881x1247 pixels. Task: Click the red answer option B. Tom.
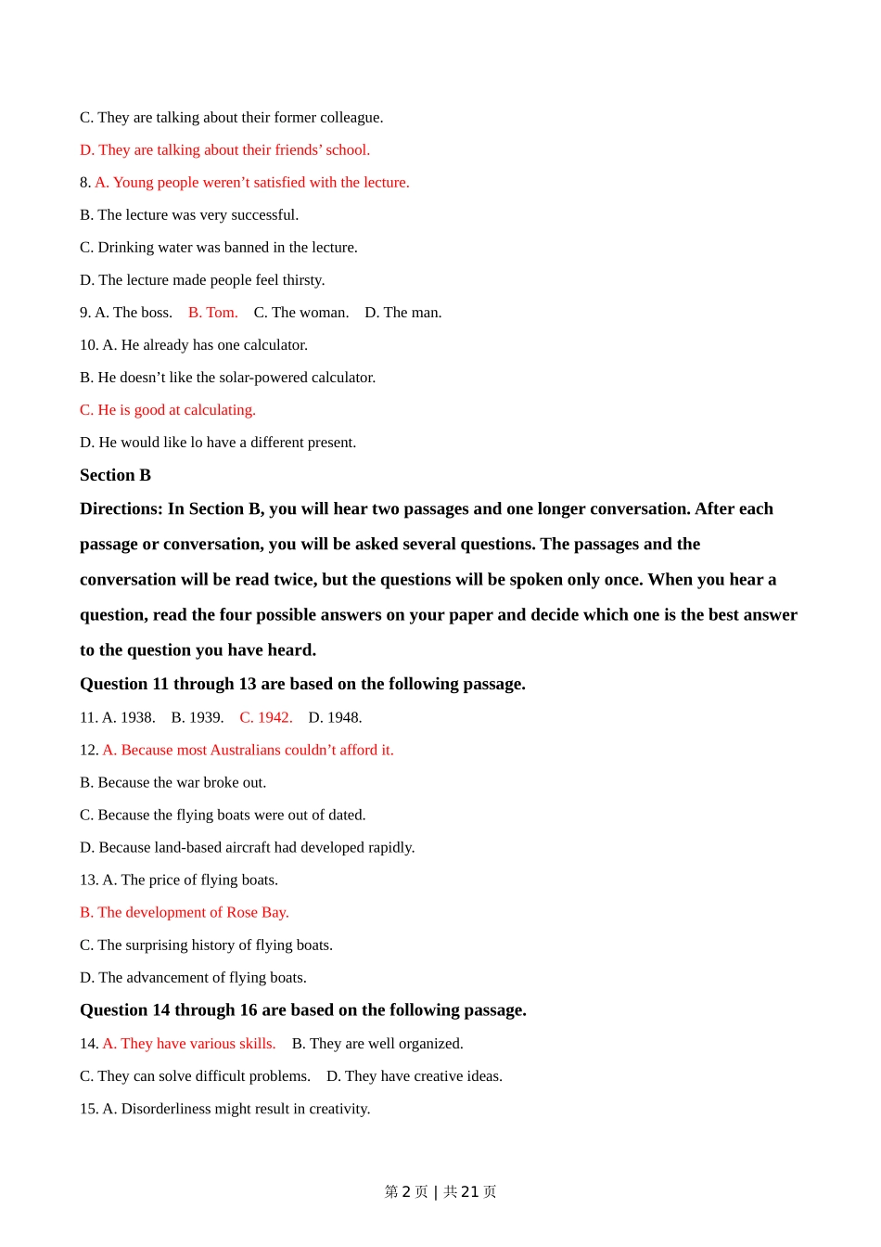coord(212,313)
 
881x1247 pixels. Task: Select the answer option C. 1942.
coord(266,717)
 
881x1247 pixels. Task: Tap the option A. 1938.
coord(128,717)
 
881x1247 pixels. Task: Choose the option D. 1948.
coord(335,717)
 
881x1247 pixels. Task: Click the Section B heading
coord(115,475)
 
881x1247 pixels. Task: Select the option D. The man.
coord(403,313)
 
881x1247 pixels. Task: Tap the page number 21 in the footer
coord(470,1191)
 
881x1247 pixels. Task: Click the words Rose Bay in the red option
coord(257,912)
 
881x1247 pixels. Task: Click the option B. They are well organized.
coord(377,1044)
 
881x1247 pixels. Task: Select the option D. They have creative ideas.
coord(415,1076)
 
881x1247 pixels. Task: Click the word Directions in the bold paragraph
coord(121,508)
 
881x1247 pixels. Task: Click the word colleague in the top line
coord(351,118)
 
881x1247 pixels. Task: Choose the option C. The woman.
coord(301,313)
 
